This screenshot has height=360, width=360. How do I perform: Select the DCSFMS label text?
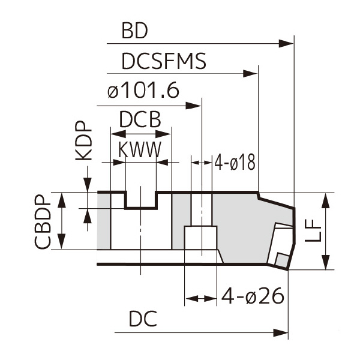[x=163, y=61]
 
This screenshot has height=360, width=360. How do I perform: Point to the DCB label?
[x=140, y=121]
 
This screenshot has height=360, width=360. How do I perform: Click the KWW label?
[x=139, y=150]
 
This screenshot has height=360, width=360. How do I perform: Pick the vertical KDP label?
[x=84, y=142]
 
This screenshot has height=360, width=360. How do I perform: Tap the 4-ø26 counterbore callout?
[x=252, y=296]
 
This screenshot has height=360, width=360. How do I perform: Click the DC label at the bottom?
[x=144, y=320]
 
